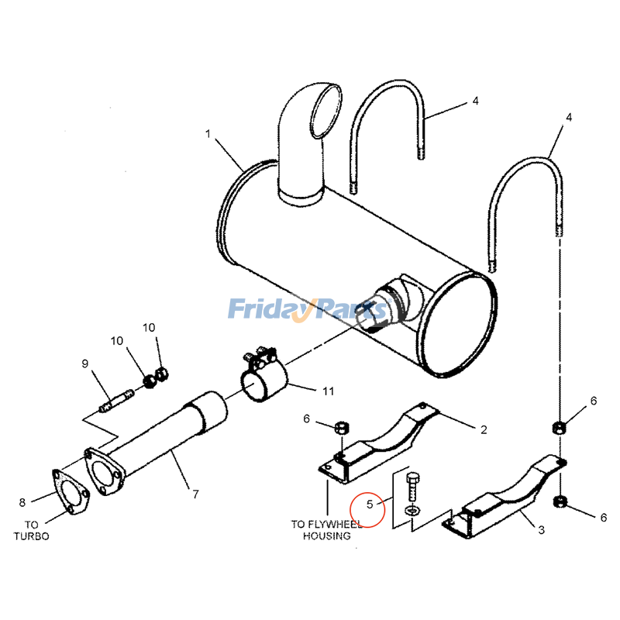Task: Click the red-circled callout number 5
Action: (370, 505)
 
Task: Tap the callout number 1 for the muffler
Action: (208, 134)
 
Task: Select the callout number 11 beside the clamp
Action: (328, 391)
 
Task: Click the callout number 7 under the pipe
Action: (195, 494)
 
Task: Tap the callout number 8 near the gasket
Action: (22, 502)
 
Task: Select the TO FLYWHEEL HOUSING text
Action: (325, 529)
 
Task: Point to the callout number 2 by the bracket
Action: (483, 429)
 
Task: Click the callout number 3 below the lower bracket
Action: (541, 531)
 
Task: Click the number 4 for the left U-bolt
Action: (475, 102)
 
